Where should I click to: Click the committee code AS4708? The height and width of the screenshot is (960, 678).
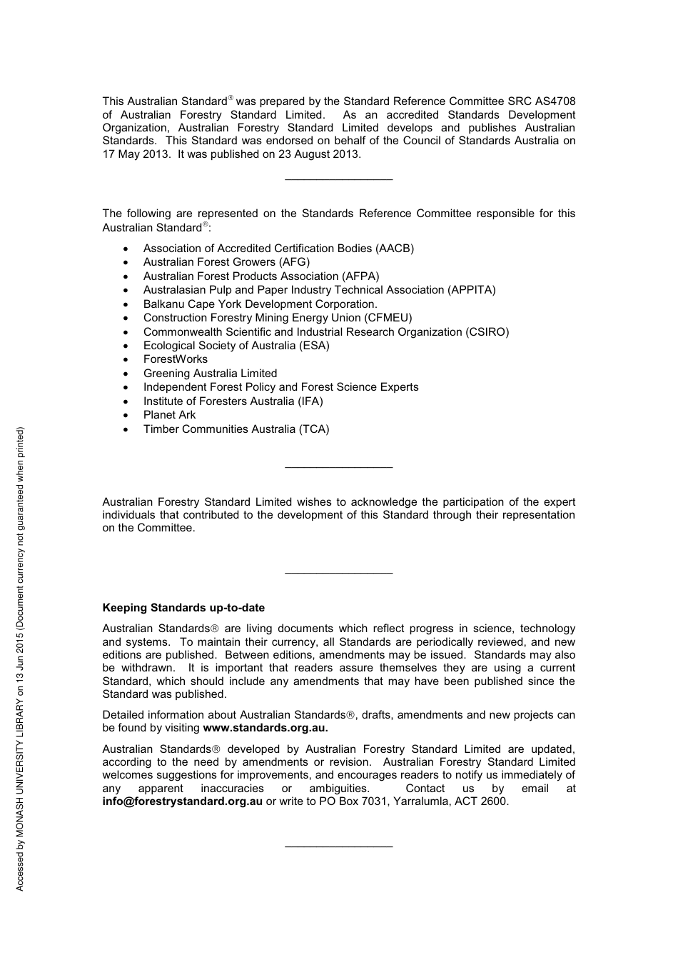click(x=555, y=101)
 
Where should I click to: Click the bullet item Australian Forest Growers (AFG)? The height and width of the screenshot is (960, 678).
click(x=226, y=262)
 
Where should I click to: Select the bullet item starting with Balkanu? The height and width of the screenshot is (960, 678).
click(x=260, y=304)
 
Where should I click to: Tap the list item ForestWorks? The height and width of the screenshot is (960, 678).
click(x=176, y=359)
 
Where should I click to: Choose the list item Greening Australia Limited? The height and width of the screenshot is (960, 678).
click(x=210, y=374)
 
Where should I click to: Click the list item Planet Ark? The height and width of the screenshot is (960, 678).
click(x=169, y=415)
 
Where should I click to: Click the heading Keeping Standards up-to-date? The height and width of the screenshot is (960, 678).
click(x=183, y=608)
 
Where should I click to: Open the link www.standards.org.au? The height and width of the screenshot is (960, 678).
click(x=265, y=728)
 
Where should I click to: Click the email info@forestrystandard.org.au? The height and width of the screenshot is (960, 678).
click(x=183, y=801)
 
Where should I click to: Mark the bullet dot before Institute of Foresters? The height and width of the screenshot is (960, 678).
click(x=126, y=401)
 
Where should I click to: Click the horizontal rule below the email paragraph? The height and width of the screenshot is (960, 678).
click(x=338, y=847)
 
